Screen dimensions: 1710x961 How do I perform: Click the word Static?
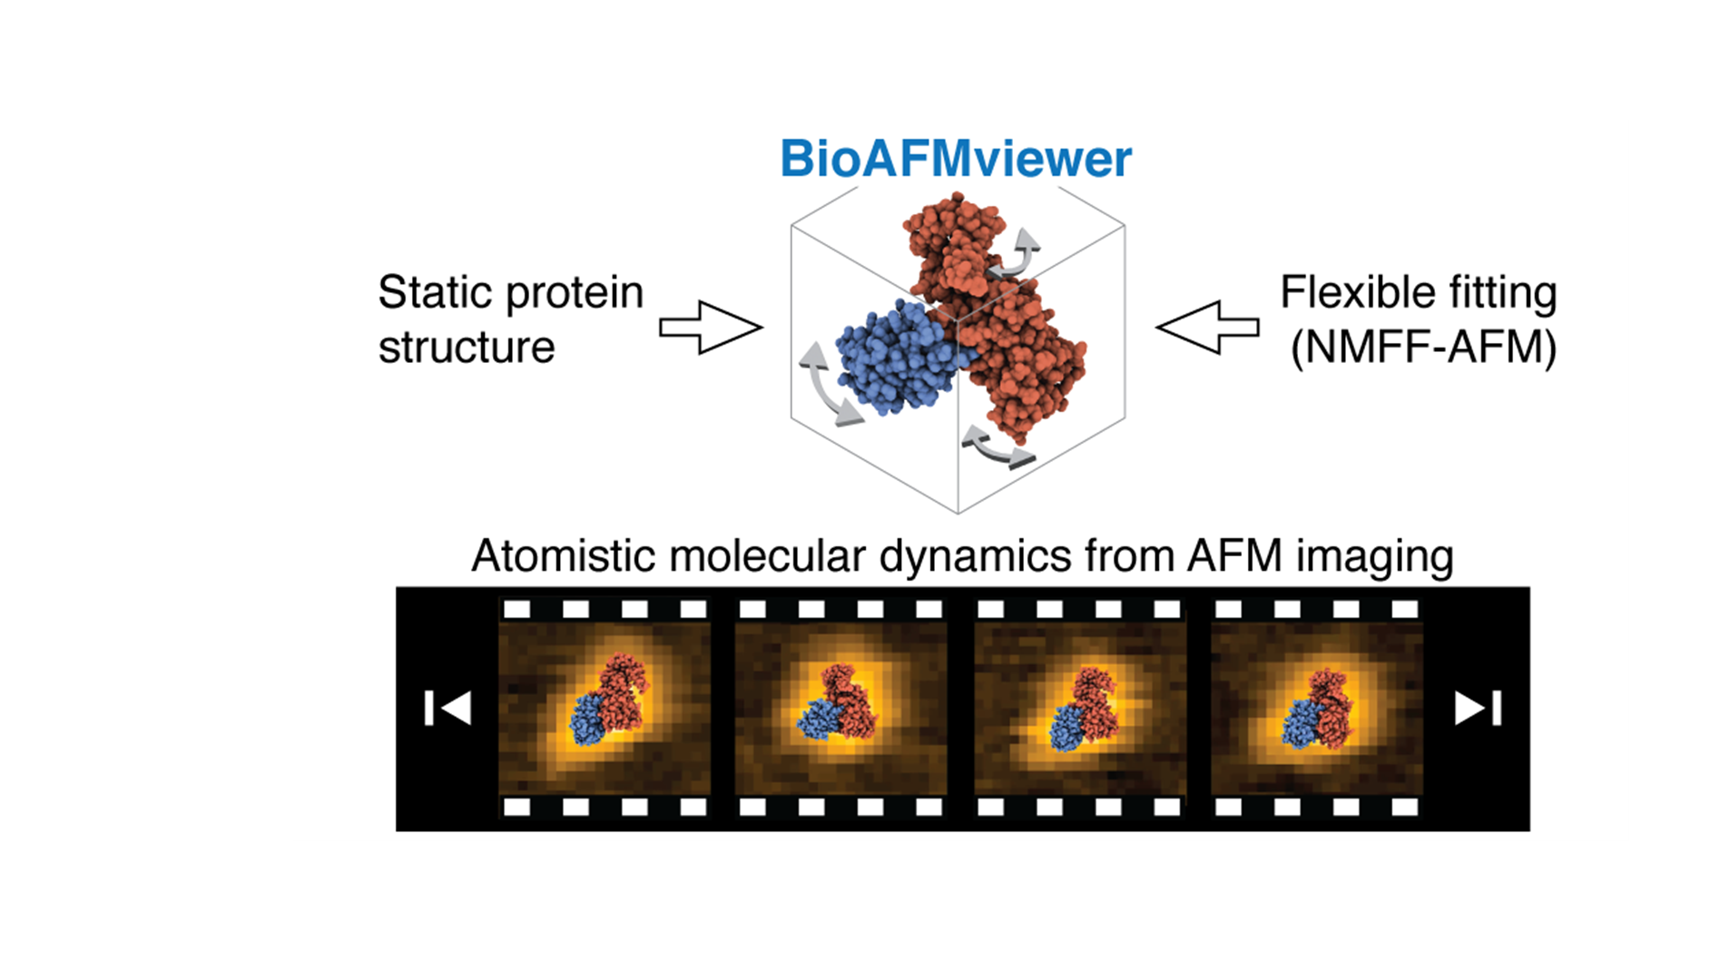coord(434,292)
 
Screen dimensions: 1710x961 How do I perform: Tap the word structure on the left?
coord(467,348)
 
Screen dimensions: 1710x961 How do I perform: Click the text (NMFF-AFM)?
coord(1423,348)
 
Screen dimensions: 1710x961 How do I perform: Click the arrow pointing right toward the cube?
coord(711,328)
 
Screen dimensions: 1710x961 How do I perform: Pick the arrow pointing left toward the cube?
coord(1207,328)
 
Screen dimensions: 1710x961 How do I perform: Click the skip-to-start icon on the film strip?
coord(447,708)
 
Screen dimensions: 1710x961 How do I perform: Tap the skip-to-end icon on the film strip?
coord(1479,708)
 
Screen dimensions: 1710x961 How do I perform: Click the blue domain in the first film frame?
coord(587,720)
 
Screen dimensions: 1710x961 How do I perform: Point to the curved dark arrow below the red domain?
coord(997,448)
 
